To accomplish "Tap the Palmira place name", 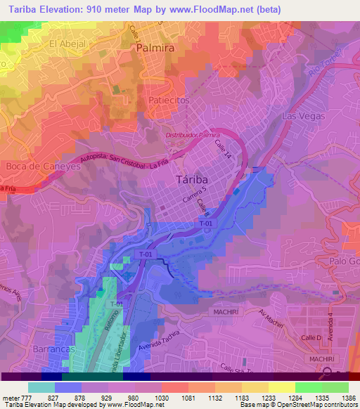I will pyautogui.click(x=154, y=49).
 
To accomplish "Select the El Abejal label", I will pyautogui.click(x=67, y=44).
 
